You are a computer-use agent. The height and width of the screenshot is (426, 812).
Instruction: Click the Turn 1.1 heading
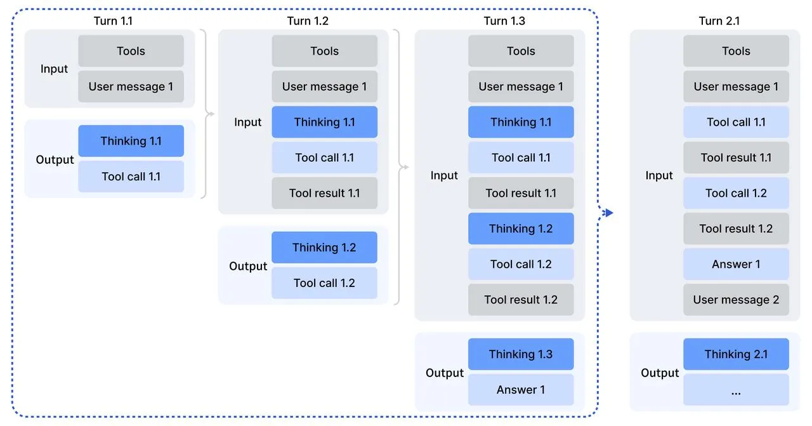point(113,21)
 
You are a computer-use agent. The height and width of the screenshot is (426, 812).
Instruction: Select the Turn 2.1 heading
point(719,21)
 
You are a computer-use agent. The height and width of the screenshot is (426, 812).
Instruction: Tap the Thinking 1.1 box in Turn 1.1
point(131,141)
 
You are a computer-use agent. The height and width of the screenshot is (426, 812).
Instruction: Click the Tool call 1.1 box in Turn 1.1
point(131,176)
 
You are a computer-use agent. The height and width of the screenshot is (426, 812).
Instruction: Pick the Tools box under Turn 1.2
point(324,51)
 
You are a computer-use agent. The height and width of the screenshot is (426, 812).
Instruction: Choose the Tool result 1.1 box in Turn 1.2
point(324,193)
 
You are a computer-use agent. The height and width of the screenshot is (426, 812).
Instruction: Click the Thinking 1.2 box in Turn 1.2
point(324,248)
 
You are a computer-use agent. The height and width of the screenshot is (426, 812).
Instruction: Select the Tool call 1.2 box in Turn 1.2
point(324,283)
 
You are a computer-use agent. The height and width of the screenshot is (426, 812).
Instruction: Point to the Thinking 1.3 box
point(521,354)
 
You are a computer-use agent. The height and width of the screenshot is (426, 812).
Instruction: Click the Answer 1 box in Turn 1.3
point(521,390)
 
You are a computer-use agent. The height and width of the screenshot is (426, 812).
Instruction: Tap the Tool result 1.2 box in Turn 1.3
point(521,300)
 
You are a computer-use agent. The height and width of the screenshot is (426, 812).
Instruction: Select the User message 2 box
point(736,300)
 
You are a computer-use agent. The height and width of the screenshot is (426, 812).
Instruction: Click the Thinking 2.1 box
point(736,354)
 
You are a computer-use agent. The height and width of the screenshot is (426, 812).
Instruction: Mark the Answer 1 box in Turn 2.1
point(736,264)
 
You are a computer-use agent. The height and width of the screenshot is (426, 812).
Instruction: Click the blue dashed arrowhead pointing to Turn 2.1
point(609,213)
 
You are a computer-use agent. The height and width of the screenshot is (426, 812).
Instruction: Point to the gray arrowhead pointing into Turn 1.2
point(211,114)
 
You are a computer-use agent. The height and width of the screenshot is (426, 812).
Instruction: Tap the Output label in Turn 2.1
point(660,373)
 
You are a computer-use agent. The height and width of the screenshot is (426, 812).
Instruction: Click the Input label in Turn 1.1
point(54,69)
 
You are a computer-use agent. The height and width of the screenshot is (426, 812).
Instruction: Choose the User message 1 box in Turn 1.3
point(521,86)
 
